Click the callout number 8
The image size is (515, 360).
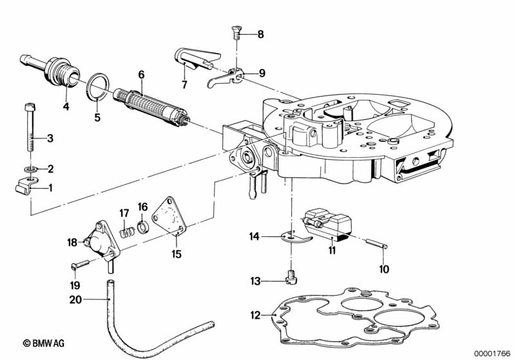tap(260, 34)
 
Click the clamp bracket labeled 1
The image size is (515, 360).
tap(24, 189)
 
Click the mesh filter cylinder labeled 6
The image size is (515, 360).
tap(150, 106)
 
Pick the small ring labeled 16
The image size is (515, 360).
tap(142, 226)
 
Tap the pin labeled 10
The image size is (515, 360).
tap(376, 243)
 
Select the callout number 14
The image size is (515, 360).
tap(255, 237)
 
